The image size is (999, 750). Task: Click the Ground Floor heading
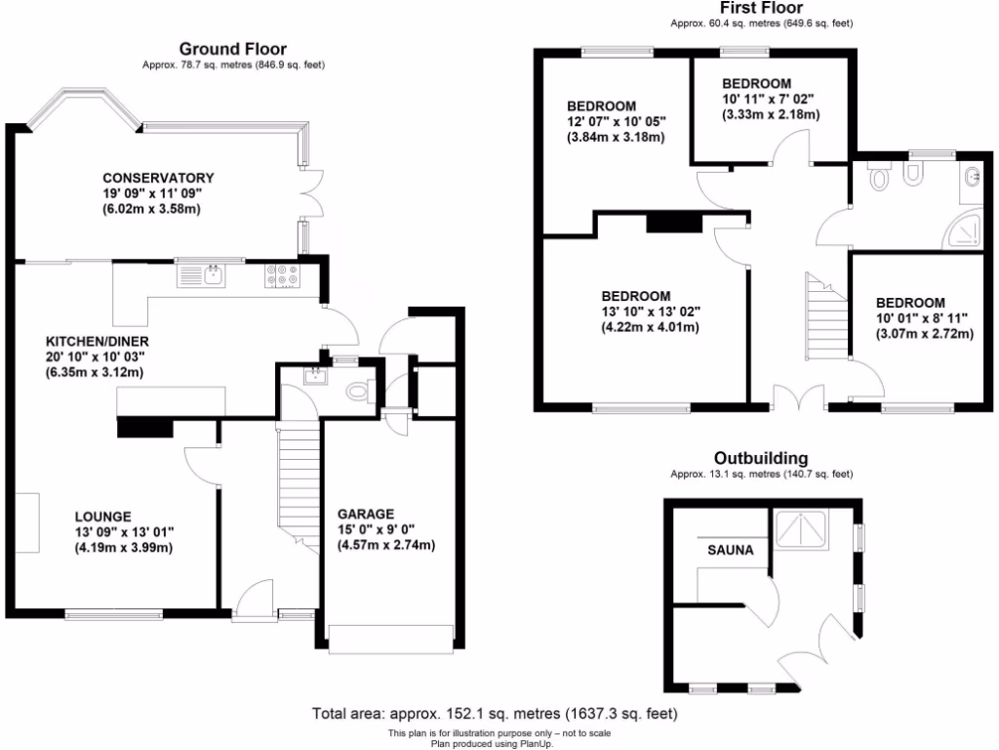[x=232, y=49]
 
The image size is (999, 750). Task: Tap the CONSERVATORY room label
[x=158, y=178]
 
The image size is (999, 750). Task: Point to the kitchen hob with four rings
[x=282, y=276]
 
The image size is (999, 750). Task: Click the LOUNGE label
[x=103, y=517]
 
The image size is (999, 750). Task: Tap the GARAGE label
[x=366, y=514]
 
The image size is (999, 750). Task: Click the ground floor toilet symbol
[x=357, y=392]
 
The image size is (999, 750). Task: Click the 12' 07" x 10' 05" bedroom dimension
[x=617, y=122]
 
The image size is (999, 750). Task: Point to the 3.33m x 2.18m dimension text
[x=771, y=114]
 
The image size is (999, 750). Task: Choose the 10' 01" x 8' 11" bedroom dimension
[x=923, y=318]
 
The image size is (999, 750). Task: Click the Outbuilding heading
[x=761, y=458]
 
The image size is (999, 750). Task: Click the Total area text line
[x=494, y=714]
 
